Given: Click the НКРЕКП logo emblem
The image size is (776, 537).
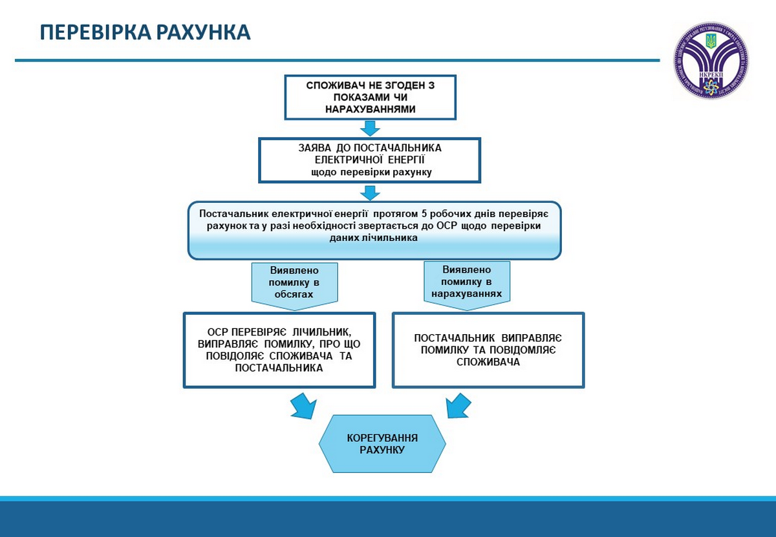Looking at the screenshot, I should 711,60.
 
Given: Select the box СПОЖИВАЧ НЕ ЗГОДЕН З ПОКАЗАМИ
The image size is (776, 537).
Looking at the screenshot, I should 369,98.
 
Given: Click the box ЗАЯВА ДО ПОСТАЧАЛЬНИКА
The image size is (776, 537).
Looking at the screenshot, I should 369,160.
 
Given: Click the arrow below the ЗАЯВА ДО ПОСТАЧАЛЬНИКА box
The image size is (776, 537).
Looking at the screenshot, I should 370,192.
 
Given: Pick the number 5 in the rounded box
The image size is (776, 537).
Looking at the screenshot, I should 424,214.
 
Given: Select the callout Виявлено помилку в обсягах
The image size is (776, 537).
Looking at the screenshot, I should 294,282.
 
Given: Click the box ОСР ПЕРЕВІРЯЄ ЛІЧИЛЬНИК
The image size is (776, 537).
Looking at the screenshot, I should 279,350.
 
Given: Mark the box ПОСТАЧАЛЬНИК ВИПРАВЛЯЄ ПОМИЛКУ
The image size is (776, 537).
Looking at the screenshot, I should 488,350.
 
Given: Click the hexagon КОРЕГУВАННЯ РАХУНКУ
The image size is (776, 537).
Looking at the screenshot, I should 382,443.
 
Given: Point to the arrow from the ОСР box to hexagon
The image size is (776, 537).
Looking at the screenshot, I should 301,405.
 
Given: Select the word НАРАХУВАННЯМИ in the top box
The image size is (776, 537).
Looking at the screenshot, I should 370,109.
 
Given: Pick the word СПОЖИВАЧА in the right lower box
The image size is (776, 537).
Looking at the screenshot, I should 488,362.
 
